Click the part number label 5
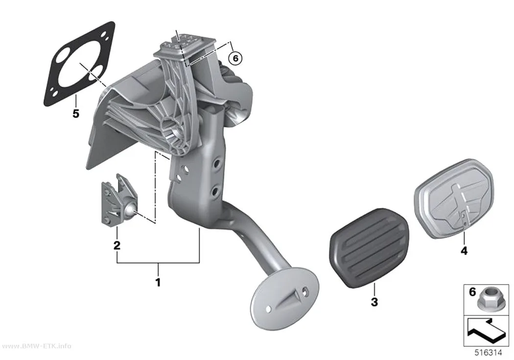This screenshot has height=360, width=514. pos(76,114)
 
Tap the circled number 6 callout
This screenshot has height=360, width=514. pos(235,58)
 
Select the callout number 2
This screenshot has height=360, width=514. pos(117,245)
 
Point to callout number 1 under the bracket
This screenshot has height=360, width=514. pos(158,282)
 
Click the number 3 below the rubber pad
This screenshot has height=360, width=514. pos(374,302)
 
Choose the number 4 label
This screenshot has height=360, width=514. pos(464,251)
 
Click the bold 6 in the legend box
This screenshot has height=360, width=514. pos(472,291)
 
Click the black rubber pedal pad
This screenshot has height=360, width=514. pos(369,248)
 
